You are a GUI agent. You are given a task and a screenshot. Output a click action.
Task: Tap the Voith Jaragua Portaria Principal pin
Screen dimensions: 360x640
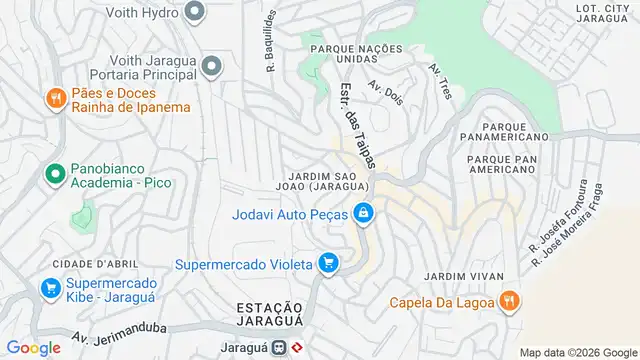click(x=211, y=66)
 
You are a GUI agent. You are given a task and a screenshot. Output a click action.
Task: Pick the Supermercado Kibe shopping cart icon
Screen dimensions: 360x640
click(x=50, y=289)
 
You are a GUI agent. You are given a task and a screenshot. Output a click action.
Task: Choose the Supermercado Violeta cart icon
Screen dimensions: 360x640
click(x=328, y=264)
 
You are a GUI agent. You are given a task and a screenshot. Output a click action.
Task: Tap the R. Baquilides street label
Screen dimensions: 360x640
click(x=269, y=45)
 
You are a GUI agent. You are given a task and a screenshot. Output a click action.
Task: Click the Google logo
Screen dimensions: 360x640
click(x=33, y=347)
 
